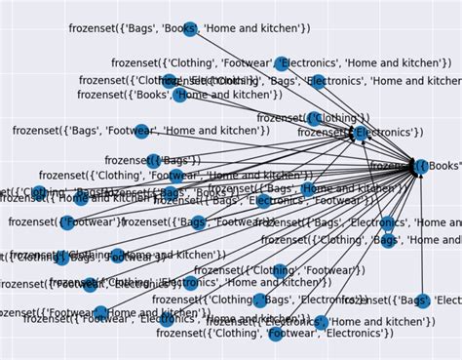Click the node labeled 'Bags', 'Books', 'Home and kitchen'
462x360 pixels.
click(190, 28)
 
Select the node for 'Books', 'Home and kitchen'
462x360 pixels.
click(180, 95)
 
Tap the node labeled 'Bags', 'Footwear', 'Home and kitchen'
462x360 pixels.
click(141, 131)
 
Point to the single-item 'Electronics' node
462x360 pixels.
click(359, 132)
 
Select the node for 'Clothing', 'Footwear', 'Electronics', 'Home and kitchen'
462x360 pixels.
click(282, 63)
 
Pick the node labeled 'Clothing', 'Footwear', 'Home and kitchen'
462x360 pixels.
click(175, 177)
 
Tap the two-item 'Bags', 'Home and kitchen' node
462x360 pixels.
click(308, 189)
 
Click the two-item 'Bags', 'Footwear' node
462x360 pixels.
click(199, 222)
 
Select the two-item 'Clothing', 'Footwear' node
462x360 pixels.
click(281, 270)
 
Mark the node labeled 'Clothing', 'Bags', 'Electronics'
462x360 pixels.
click(260, 300)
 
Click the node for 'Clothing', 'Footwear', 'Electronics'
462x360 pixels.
click(276, 334)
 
